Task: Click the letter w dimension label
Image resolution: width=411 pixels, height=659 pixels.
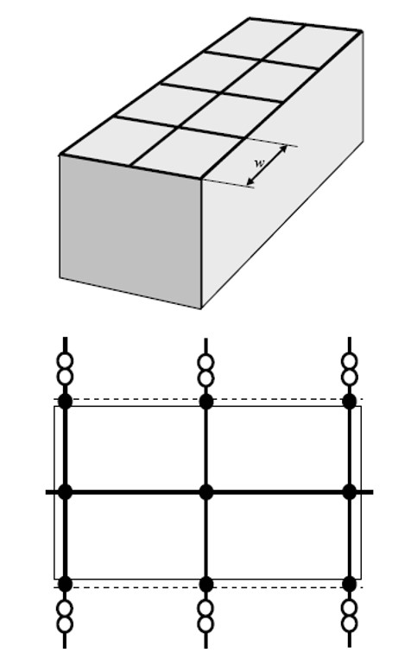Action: click(x=260, y=162)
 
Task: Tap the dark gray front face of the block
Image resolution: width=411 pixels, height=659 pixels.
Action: click(x=130, y=231)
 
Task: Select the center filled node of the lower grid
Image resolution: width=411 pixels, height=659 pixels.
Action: click(x=205, y=492)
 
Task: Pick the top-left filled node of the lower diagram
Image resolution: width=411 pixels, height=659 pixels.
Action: click(x=65, y=402)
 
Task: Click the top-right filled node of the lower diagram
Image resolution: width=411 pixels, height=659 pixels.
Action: click(x=350, y=402)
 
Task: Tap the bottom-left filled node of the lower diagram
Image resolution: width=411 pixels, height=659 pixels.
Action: click(x=65, y=584)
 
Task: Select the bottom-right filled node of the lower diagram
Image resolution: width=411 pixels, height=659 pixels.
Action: click(x=350, y=584)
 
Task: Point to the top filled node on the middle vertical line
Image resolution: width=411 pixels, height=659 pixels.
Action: click(x=205, y=402)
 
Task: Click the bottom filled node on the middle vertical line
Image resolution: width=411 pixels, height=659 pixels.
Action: click(x=205, y=584)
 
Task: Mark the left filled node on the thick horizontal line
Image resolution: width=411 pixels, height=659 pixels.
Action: click(x=65, y=492)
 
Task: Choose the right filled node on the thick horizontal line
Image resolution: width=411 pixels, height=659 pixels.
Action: click(x=350, y=492)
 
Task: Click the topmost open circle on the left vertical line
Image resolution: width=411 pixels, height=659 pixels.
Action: click(x=65, y=361)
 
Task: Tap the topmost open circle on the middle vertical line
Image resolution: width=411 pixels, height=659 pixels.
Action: click(x=205, y=363)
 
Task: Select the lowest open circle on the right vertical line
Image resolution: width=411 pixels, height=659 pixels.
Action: click(x=350, y=624)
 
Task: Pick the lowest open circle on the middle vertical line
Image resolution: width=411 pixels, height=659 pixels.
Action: click(x=205, y=624)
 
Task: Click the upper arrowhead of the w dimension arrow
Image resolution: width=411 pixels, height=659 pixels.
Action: click(x=284, y=149)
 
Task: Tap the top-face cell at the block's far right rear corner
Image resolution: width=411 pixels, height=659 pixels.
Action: click(x=314, y=46)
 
